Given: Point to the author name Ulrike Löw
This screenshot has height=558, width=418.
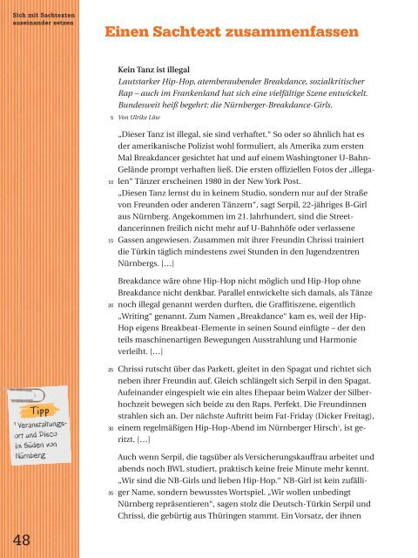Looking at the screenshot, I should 150,114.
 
